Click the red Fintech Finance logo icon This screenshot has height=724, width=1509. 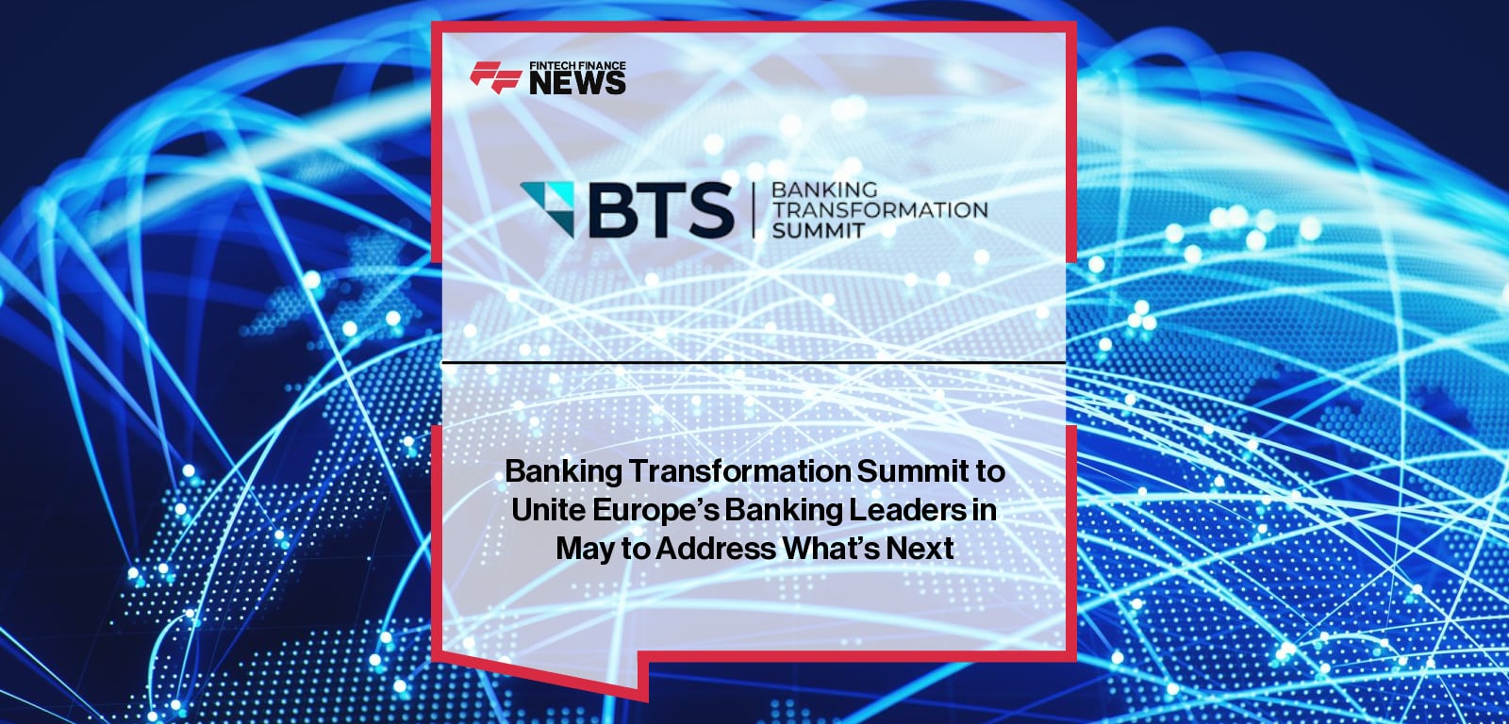point(496,76)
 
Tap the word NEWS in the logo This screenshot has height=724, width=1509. point(577,83)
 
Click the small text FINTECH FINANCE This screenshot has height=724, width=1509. point(577,66)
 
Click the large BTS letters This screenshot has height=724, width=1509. point(661,209)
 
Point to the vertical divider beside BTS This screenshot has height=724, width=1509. point(754,209)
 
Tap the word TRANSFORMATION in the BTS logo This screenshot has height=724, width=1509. point(880,209)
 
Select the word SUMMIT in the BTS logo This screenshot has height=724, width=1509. point(818,230)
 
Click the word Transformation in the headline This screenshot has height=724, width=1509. point(739,470)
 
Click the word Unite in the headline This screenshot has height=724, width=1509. point(548,510)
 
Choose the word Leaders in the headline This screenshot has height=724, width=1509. point(906,510)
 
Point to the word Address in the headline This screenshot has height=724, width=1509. point(716,549)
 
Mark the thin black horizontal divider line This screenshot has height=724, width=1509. point(754,362)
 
